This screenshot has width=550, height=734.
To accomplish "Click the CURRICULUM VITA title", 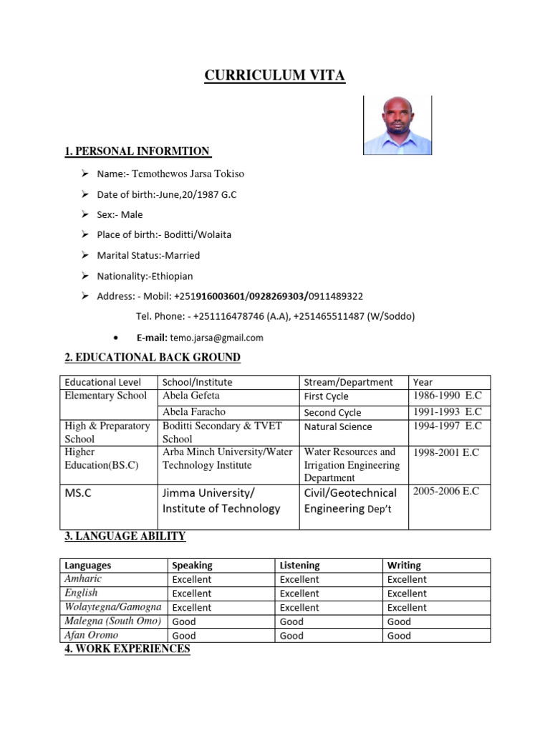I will click(275, 75).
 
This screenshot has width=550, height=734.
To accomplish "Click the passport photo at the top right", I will click(397, 125).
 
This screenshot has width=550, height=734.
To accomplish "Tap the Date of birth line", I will click(166, 194).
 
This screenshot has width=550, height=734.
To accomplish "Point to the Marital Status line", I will click(148, 255).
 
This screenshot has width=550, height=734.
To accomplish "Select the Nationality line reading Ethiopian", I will click(145, 276).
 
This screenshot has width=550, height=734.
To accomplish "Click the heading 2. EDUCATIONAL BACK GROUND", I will click(153, 358).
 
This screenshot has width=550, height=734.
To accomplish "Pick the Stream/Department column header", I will click(348, 382).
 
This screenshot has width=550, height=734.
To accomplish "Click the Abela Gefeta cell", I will click(191, 396).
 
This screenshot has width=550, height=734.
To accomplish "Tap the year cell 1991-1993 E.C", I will click(447, 412).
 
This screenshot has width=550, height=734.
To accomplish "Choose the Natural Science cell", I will click(338, 426).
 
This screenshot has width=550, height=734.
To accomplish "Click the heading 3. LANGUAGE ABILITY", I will click(125, 536).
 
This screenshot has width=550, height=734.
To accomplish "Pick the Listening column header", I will click(299, 566).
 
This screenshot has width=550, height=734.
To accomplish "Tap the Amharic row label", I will click(83, 579).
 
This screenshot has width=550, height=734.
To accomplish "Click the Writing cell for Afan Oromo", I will click(399, 636).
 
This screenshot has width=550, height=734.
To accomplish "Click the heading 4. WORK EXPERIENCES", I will click(127, 649).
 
